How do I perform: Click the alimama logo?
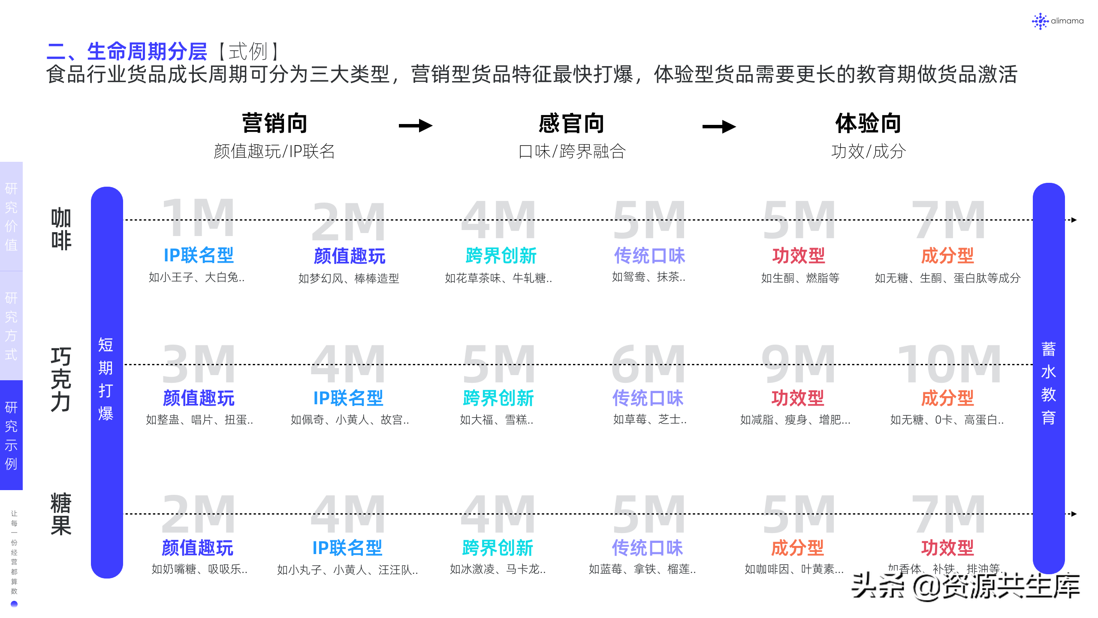[x=1057, y=21]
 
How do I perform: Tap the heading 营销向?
[x=274, y=124]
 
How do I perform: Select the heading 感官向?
[x=571, y=124]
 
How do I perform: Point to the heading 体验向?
[x=868, y=124]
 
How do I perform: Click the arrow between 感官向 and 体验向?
[x=719, y=127]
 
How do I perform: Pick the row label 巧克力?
[x=61, y=379]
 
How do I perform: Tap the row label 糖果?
[x=61, y=514]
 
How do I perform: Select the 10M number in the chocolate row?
[x=949, y=365]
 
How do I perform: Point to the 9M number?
[x=798, y=365]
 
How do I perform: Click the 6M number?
[x=648, y=365]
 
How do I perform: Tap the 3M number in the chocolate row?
[x=199, y=365]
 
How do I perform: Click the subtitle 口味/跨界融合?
[x=572, y=151]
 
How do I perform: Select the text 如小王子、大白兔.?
[x=196, y=278]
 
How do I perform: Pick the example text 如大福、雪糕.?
[x=496, y=420]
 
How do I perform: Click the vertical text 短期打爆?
[x=106, y=379]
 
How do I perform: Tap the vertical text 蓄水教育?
[x=1049, y=383]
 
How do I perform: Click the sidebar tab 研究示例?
[x=11, y=435]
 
